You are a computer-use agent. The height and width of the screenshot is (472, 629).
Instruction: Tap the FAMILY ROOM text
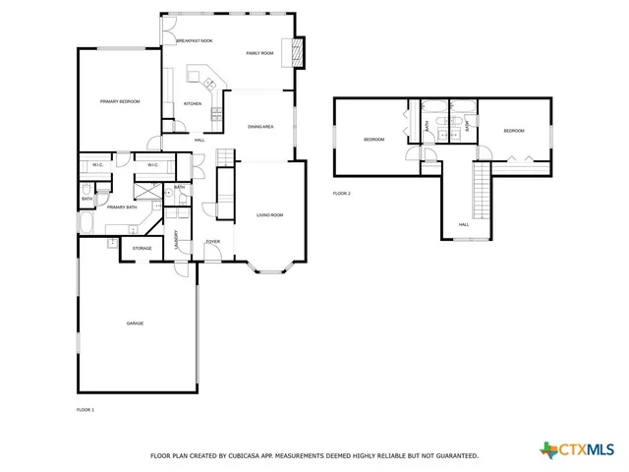(259, 52)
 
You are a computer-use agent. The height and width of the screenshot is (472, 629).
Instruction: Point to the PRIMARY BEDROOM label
(119, 101)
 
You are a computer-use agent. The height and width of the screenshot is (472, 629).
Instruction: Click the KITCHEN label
(193, 104)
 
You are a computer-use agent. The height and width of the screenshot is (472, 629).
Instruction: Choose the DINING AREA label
(259, 127)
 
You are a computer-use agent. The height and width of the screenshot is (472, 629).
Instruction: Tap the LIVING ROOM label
(270, 214)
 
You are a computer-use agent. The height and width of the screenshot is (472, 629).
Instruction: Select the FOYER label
(212, 241)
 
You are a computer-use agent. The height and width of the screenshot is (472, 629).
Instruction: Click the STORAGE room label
(143, 249)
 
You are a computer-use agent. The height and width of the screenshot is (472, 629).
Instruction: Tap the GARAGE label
(135, 324)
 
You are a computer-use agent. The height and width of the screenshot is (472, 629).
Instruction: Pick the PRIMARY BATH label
(122, 207)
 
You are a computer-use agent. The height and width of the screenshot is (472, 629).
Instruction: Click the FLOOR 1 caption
(86, 409)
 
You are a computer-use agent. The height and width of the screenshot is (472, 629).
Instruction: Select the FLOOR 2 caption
(341, 193)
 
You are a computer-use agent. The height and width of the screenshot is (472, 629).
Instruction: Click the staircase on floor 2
(482, 193)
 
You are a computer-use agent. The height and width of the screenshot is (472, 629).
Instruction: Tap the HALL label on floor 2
(463, 224)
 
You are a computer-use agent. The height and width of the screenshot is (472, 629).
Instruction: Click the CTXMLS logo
(580, 450)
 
